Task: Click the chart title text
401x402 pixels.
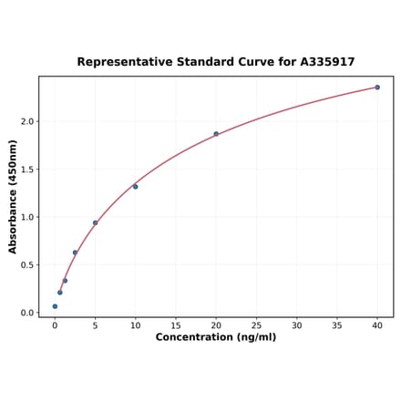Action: (x=215, y=62)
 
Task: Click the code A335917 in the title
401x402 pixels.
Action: (x=324, y=62)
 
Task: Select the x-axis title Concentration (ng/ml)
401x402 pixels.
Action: (x=215, y=337)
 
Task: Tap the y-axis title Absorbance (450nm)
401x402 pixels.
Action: (x=13, y=196)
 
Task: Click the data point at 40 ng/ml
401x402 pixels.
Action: (x=377, y=88)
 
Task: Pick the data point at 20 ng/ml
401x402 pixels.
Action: (x=216, y=134)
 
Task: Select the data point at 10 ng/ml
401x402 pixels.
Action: (x=135, y=187)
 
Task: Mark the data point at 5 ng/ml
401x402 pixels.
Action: (x=95, y=222)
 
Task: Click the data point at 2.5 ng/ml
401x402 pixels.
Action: (x=75, y=253)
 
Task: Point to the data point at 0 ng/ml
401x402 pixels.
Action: (x=55, y=306)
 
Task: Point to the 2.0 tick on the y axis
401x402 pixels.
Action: (x=27, y=121)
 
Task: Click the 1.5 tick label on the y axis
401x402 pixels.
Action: (x=27, y=170)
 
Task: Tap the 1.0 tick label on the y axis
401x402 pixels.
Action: (x=27, y=217)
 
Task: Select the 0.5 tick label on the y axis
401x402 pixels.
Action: (x=27, y=265)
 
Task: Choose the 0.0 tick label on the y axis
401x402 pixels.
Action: (x=27, y=313)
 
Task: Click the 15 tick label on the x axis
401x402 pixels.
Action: (x=175, y=325)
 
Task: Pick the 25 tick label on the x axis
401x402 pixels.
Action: (x=256, y=325)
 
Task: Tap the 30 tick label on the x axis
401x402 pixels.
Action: (x=296, y=325)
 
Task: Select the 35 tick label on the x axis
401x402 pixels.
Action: (x=337, y=325)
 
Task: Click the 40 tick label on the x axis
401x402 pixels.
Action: (x=377, y=325)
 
